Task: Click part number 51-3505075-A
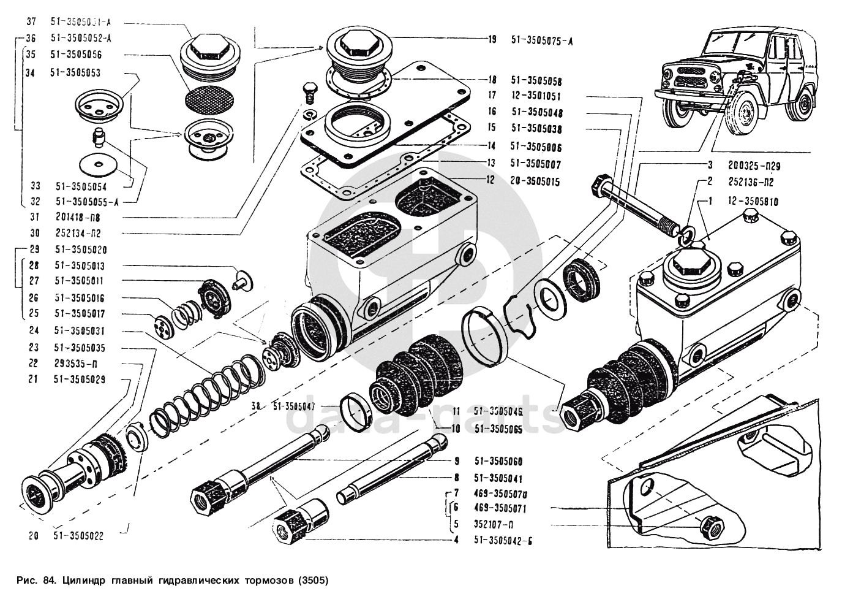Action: (x=542, y=41)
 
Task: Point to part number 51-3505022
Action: (x=79, y=536)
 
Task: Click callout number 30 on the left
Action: (x=34, y=233)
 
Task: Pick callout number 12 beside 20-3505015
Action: (x=490, y=181)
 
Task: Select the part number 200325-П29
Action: (x=754, y=166)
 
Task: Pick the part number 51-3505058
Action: (x=536, y=81)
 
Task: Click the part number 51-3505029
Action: (x=79, y=380)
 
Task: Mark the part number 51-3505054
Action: (x=79, y=185)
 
